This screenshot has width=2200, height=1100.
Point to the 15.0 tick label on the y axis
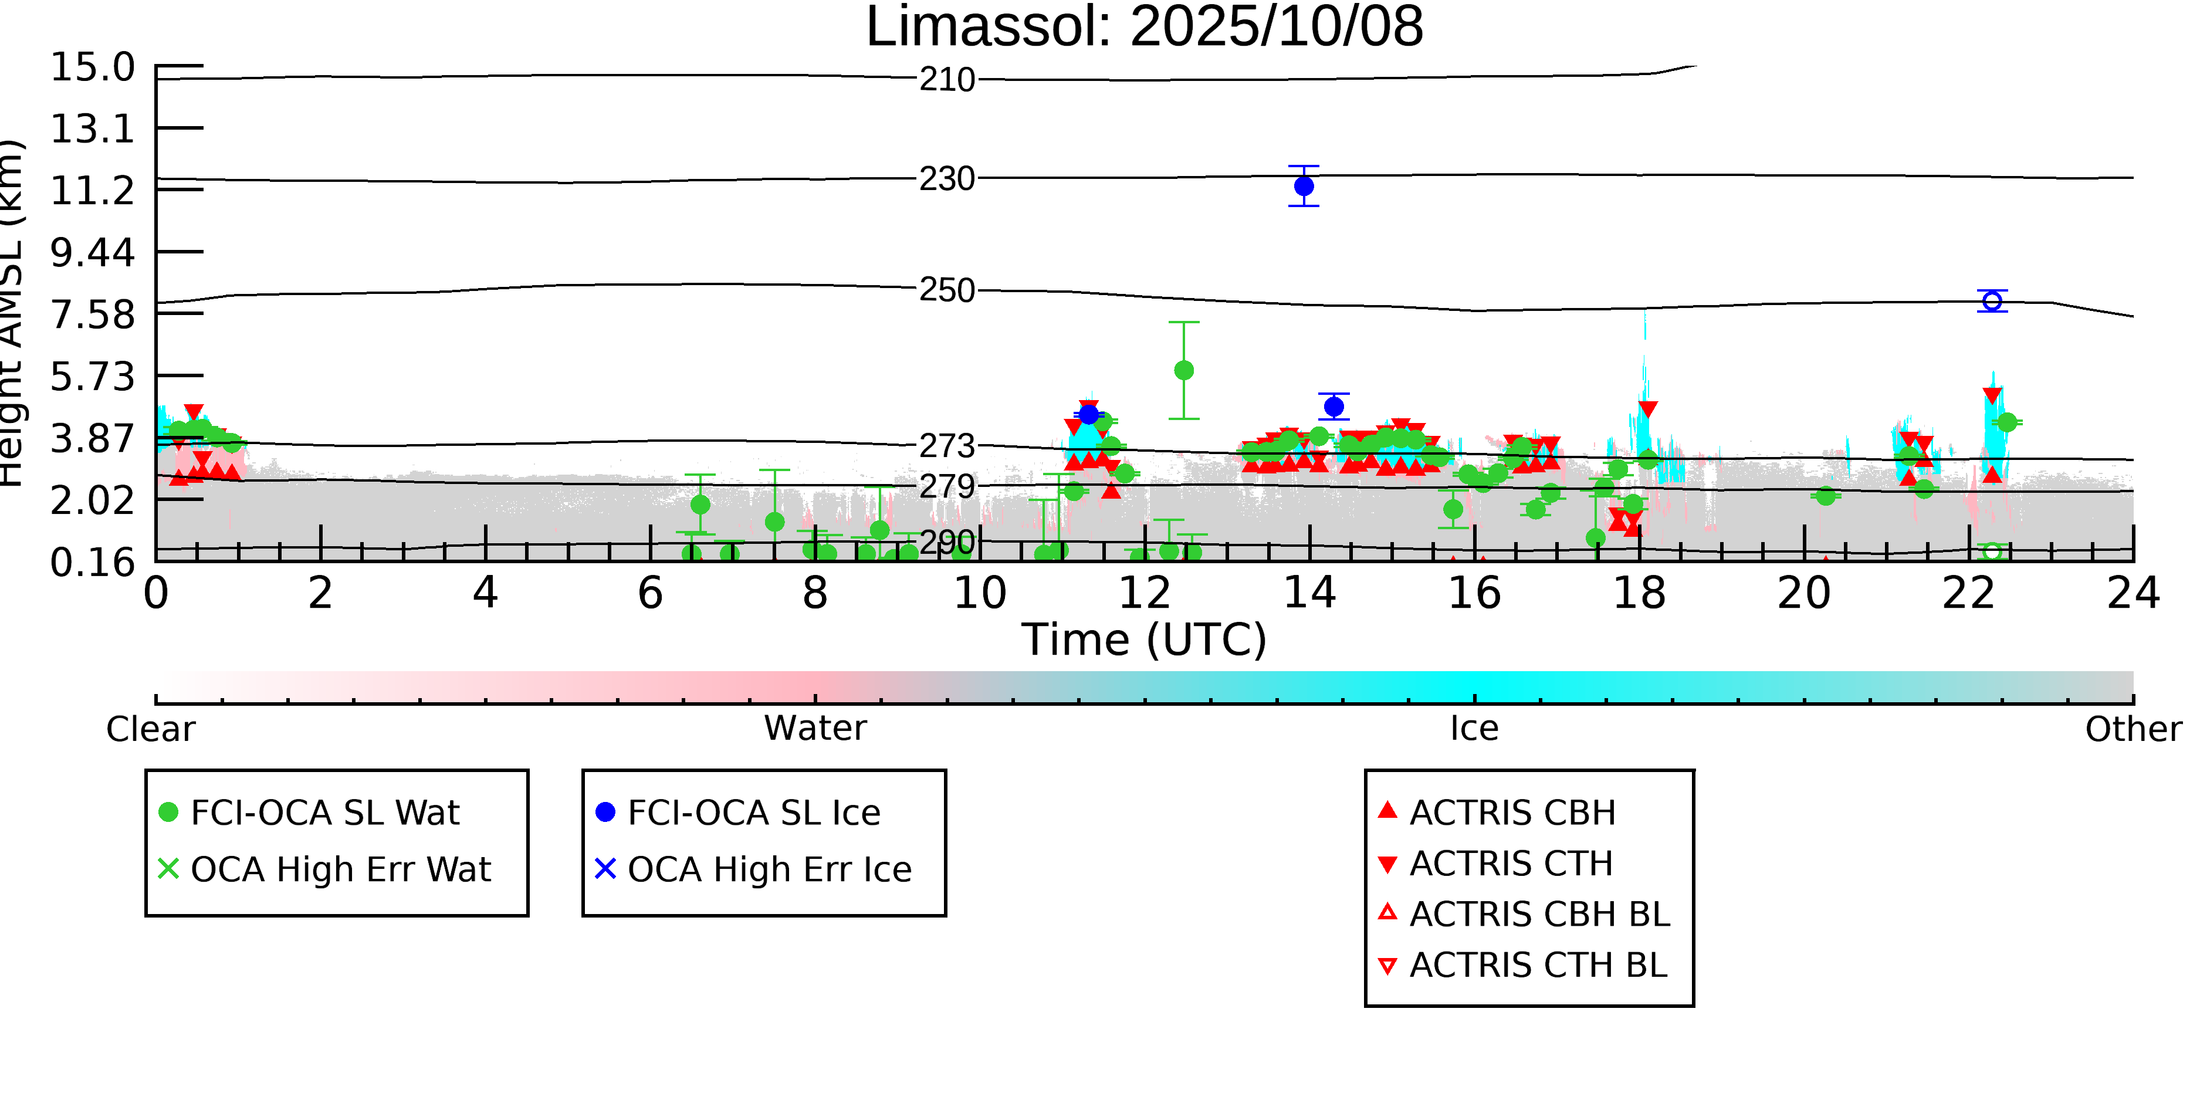tap(92, 67)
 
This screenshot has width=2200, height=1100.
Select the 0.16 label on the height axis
tap(92, 563)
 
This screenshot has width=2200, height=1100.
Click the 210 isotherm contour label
tap(946, 80)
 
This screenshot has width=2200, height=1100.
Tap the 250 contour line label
tap(946, 290)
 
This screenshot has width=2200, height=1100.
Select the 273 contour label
tap(946, 446)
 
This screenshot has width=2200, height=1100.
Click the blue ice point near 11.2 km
tap(1303, 186)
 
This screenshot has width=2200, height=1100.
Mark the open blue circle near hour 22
tap(1992, 300)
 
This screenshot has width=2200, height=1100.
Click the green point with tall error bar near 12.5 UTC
tap(1184, 370)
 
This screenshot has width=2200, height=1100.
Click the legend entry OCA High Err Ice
tap(769, 870)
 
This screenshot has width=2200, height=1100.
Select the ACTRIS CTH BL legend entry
tap(1537, 966)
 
